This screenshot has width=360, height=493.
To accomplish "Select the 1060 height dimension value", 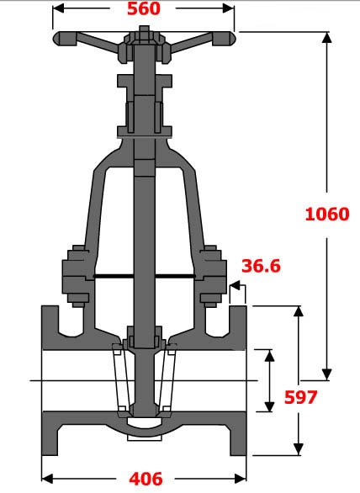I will (x=326, y=214).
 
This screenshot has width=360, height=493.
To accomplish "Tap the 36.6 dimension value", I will (x=261, y=266).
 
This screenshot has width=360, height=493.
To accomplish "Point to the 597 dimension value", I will (x=299, y=397).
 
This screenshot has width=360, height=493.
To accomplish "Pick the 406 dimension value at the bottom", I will (x=146, y=479).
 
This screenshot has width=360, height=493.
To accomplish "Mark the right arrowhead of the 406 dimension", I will (x=244, y=478).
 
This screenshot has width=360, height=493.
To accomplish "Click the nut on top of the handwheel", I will (x=144, y=34).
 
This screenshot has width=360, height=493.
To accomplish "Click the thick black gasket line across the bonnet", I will (x=144, y=277).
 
